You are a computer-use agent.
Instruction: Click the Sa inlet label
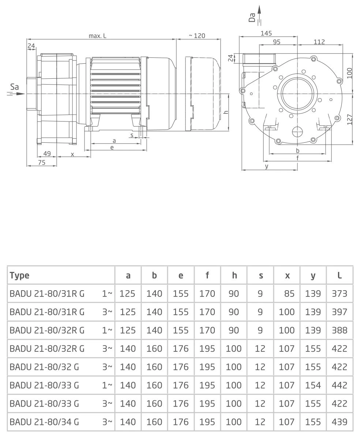coord(15,87)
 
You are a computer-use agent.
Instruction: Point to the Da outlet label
coord(252,17)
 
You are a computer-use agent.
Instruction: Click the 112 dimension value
coord(319,42)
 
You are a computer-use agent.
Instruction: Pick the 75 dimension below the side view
coord(42,163)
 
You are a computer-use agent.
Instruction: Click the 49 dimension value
coord(47,154)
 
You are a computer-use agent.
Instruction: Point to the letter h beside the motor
coord(226,112)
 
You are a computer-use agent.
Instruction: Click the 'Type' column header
coord(20,275)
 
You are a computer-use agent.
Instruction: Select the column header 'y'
coord(313,275)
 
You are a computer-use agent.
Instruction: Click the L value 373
coord(340,294)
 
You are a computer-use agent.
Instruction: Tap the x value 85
coord(289,294)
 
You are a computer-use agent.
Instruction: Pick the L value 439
coord(340,422)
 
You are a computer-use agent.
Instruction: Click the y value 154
coord(313,385)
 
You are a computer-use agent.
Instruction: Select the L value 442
coord(340,385)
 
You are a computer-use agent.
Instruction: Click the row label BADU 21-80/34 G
coord(44,422)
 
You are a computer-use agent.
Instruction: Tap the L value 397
coord(340,312)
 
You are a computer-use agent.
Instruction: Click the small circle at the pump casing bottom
coord(297,131)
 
